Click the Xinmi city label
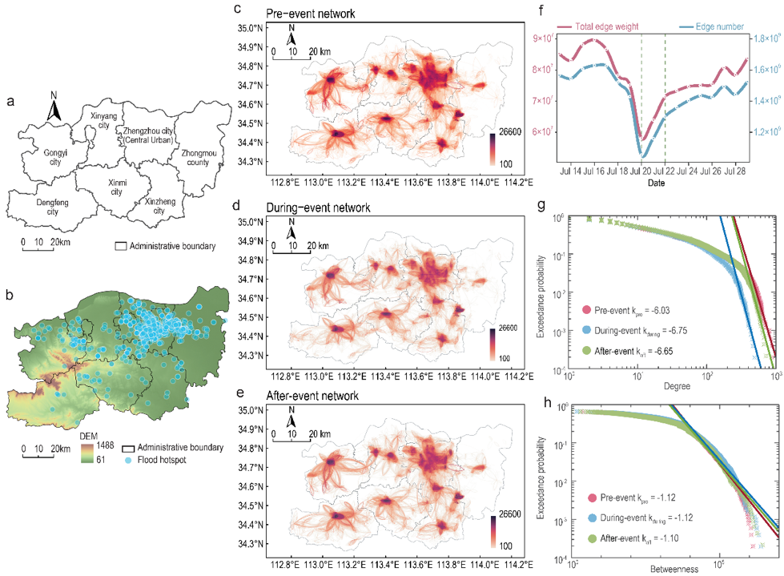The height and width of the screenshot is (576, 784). click(x=117, y=187)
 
